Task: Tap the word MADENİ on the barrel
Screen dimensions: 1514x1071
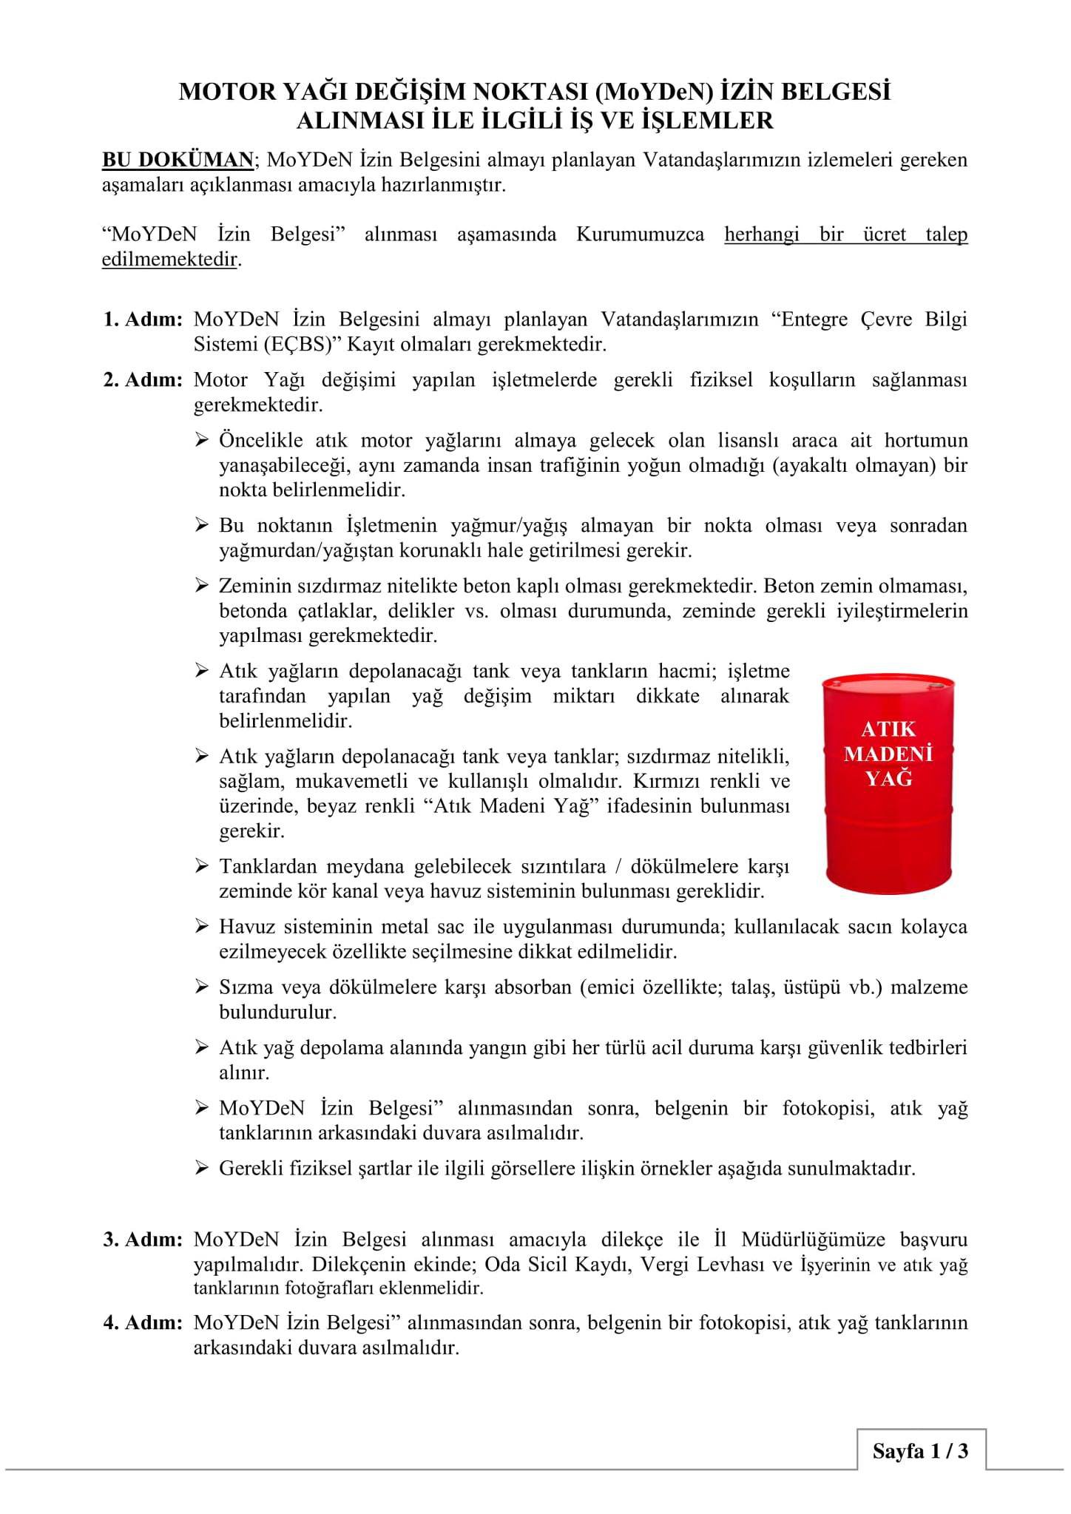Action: pos(888,754)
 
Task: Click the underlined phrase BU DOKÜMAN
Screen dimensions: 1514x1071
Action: pos(178,160)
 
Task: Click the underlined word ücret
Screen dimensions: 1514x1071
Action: pos(884,234)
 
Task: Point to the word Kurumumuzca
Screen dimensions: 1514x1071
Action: pos(640,234)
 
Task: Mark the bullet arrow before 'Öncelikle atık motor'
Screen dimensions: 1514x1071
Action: pos(203,441)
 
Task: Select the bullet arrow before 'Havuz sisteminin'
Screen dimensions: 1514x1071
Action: pos(203,927)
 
